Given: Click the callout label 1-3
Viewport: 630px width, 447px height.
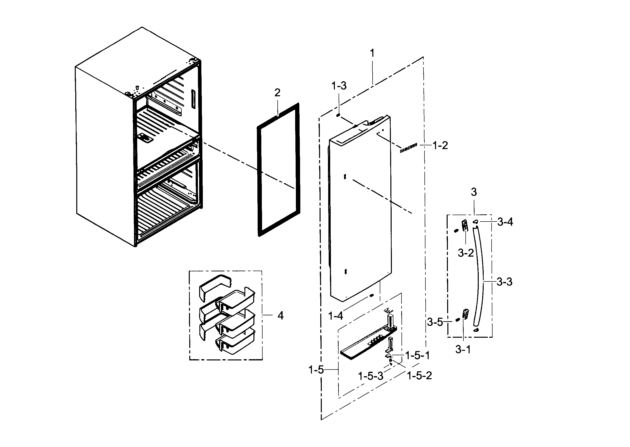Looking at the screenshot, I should tap(339, 86).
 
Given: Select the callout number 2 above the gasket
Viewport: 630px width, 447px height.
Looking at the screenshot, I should tap(277, 93).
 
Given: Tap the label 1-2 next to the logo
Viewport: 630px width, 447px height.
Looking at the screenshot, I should tap(440, 146).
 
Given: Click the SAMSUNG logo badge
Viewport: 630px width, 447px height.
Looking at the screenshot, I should tap(408, 148).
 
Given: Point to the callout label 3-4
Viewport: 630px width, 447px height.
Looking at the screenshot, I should tap(505, 222).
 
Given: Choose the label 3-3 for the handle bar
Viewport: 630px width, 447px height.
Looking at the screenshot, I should tap(504, 282).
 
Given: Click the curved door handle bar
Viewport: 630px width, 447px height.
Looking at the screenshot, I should tap(480, 275).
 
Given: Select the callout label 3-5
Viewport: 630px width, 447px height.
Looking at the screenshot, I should tap(435, 322).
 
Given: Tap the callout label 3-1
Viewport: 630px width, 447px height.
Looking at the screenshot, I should tap(463, 350).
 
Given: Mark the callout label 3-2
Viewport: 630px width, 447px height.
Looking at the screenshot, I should tap(466, 253).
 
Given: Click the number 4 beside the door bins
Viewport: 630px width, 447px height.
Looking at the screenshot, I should tap(280, 316).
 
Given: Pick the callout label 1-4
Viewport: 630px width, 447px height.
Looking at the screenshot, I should tap(336, 316).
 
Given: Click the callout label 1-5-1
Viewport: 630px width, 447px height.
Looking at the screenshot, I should tap(418, 356).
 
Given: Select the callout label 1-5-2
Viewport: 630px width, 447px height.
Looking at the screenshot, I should tap(419, 376).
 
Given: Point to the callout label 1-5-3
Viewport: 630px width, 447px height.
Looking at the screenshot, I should tap(371, 376).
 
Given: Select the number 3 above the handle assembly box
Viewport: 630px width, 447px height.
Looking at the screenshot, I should tap(474, 192).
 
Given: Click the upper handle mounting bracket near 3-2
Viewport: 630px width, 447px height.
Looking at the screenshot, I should tap(465, 225).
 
